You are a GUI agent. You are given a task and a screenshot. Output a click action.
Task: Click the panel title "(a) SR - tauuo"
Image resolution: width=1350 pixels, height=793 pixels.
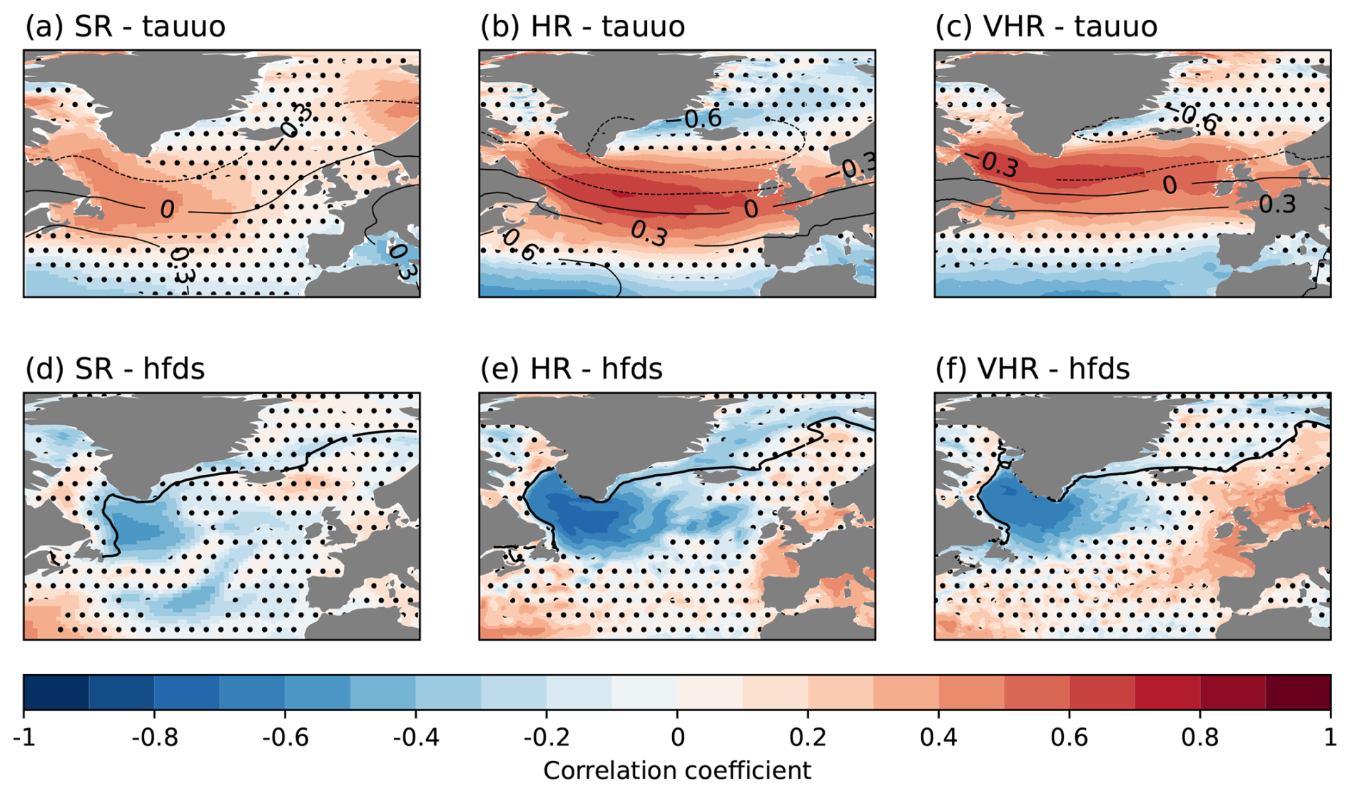pos(126,27)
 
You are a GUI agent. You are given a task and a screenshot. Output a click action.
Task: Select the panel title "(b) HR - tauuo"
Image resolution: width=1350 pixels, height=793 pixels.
pos(582,27)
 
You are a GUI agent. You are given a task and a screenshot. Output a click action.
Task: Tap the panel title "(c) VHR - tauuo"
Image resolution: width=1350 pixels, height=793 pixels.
pos(1046,27)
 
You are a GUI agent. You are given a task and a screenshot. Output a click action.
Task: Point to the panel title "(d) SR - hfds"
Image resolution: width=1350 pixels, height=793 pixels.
pos(115,369)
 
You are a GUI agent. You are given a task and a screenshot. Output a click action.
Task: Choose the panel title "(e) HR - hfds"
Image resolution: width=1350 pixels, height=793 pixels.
pos(572,369)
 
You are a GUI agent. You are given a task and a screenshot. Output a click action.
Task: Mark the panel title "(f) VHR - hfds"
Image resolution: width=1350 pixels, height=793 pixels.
pos(1032,369)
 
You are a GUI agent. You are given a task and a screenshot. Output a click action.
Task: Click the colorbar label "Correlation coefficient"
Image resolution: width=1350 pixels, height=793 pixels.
pos(676,771)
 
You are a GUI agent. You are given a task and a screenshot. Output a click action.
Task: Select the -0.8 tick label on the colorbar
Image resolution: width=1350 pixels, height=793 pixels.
pos(154,737)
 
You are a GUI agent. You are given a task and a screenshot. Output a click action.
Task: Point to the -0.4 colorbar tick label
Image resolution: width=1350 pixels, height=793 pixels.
pos(416,737)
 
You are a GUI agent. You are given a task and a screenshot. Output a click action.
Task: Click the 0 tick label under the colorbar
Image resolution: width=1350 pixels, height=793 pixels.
pos(677,737)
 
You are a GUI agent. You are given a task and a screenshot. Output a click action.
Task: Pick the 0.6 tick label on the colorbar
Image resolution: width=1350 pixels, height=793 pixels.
pos(1069,737)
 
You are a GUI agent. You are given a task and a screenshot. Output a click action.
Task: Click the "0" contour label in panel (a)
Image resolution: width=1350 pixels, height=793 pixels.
pos(167,210)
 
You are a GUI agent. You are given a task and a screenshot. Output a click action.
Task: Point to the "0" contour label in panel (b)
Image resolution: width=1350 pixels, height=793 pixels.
pos(751,209)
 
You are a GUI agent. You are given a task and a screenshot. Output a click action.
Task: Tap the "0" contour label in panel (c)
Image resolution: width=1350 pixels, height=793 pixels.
pos(1169,185)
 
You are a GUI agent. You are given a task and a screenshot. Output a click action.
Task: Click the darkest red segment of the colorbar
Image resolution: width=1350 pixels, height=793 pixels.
pos(1297,692)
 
